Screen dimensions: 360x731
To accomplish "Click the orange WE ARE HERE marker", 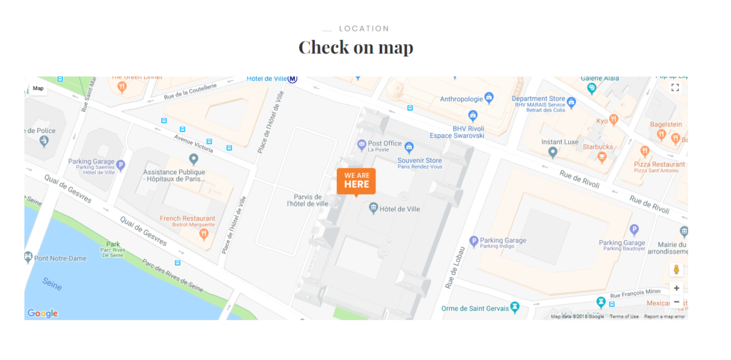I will tap(356, 181).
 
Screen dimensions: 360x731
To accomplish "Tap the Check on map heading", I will tap(356, 48).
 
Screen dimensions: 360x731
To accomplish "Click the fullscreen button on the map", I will tap(675, 87).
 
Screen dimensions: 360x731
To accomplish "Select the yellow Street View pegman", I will tap(676, 270).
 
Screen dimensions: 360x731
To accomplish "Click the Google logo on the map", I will tap(43, 313).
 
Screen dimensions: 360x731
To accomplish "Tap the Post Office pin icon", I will tap(362, 146).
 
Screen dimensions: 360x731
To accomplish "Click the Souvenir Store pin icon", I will tap(409, 148).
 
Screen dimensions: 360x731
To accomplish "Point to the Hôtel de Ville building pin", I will tap(373, 209).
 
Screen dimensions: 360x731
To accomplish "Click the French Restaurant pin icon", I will tap(204, 234).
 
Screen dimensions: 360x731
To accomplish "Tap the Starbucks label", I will tap(598, 146).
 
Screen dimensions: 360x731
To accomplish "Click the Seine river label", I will tap(51, 284).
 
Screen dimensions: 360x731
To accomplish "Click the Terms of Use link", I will tap(624, 316).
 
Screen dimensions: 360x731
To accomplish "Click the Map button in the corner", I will tap(38, 89).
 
